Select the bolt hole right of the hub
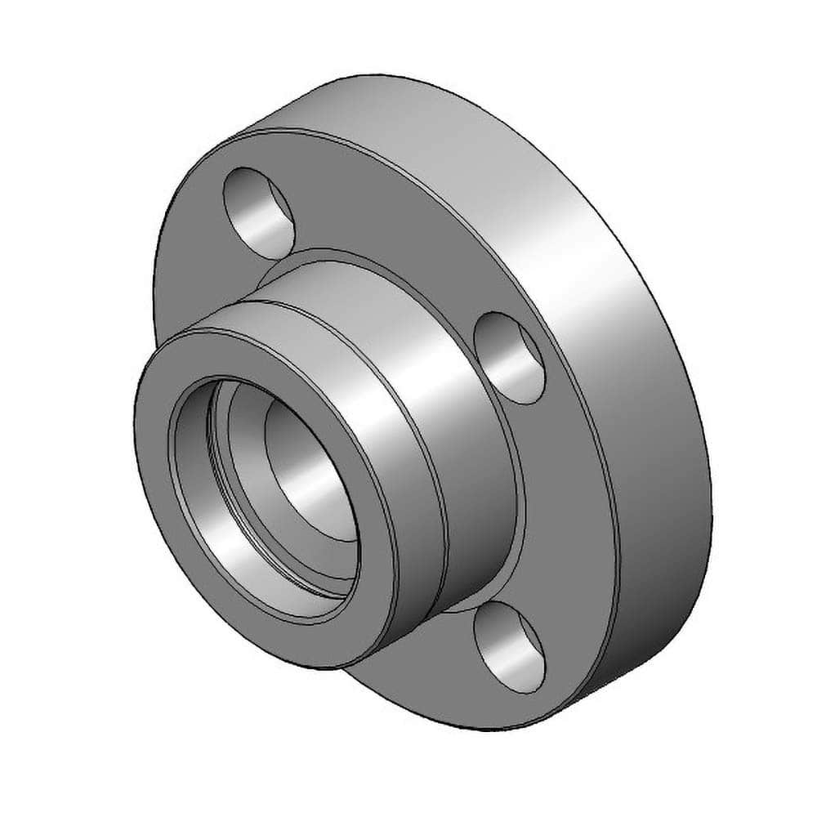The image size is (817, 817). pyautogui.click(x=509, y=357)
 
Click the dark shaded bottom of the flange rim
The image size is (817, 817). pyautogui.click(x=662, y=621)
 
